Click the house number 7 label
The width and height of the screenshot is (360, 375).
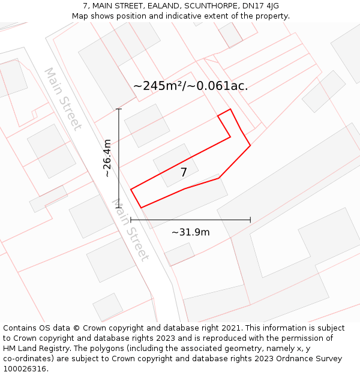tap(184, 172)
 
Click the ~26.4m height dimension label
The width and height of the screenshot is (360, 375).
tap(107, 158)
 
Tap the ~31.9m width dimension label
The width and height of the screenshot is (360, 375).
tap(190, 232)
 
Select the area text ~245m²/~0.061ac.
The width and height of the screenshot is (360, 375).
tap(190, 86)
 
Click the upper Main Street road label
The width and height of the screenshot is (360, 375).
tap(62, 98)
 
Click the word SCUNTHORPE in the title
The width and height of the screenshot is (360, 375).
tap(204, 6)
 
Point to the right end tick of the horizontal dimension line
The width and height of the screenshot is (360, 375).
tap(250, 220)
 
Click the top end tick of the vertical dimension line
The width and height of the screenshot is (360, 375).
tap(119, 109)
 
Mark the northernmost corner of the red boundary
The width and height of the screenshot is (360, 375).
tap(230, 109)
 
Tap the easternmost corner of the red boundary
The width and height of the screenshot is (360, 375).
tap(250, 145)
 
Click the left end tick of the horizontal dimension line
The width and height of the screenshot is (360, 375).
tap(131, 220)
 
